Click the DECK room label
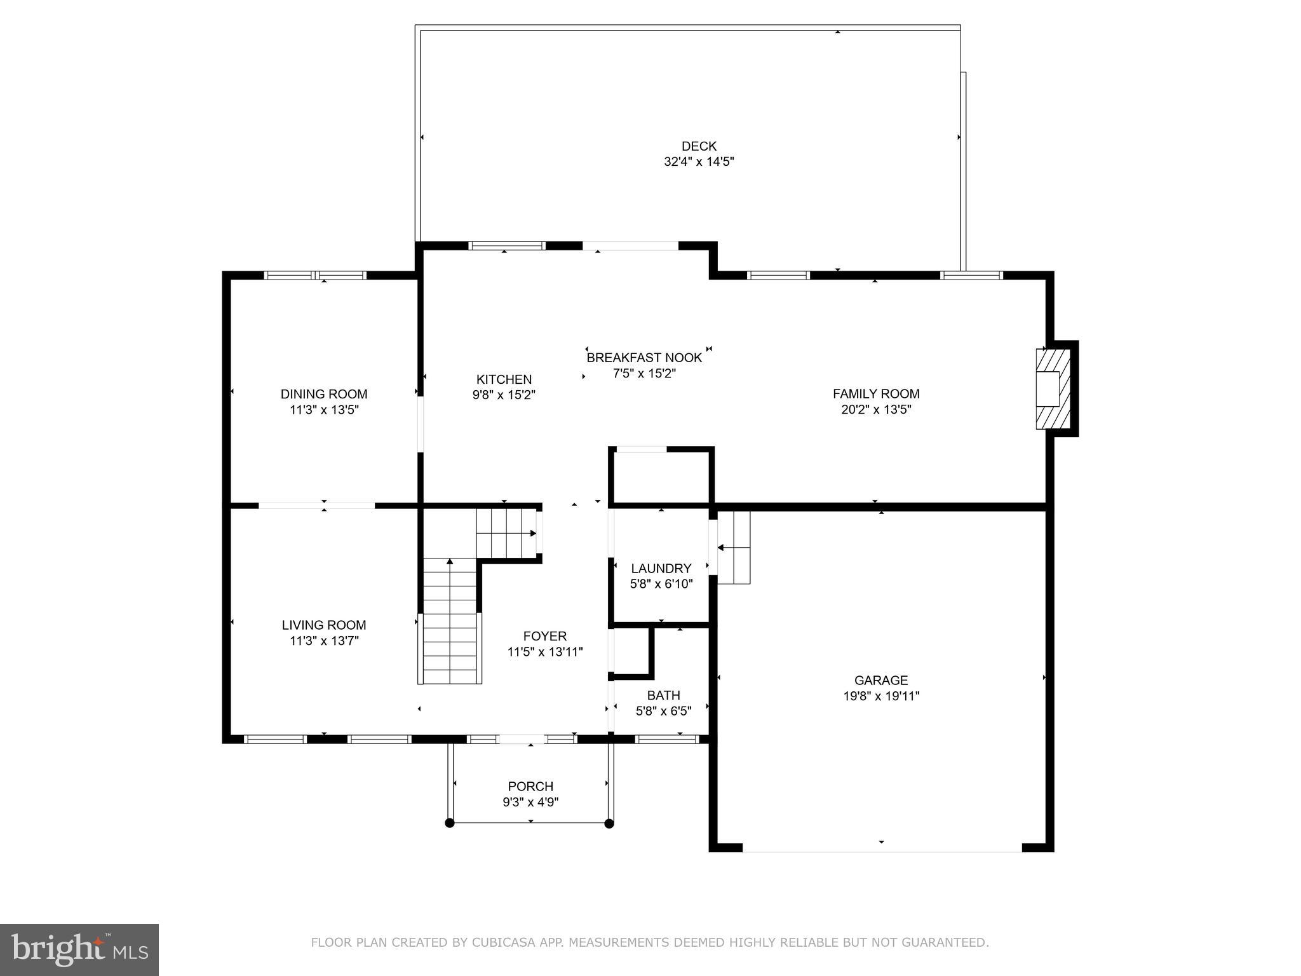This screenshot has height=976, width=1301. [699, 146]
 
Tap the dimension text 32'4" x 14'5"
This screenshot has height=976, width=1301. [699, 162]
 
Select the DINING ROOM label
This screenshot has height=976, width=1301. [324, 394]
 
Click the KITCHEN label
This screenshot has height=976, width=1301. [504, 379]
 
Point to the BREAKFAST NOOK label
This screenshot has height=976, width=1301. [644, 358]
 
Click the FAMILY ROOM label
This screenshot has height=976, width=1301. [876, 394]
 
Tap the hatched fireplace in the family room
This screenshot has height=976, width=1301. [1052, 388]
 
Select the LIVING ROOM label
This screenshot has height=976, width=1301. [324, 625]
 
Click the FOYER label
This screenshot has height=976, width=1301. [544, 636]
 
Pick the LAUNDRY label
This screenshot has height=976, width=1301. [661, 569]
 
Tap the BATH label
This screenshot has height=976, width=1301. [663, 695]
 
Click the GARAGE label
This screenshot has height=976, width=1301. [881, 681]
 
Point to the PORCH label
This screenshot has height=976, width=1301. [530, 787]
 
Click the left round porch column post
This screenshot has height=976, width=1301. [450, 823]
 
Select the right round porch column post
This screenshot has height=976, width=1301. [609, 823]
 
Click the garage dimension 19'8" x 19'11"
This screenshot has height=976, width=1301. [881, 696]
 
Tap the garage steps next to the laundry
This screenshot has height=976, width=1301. [734, 547]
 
